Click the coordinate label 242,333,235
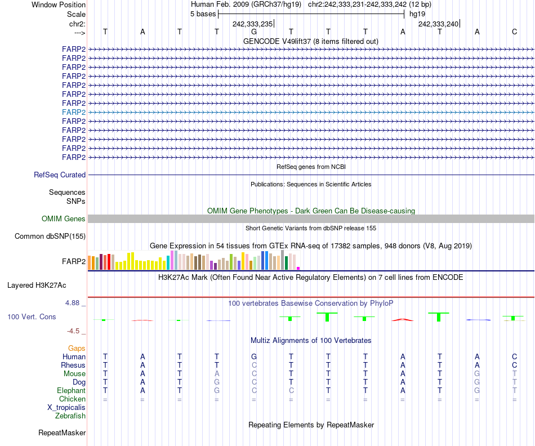click(x=252, y=24)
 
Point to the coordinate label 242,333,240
click(x=438, y=24)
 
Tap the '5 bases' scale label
click(x=203, y=14)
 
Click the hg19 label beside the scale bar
click(x=417, y=14)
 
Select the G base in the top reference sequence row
click(x=254, y=32)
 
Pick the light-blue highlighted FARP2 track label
click(x=74, y=112)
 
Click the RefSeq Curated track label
click(x=60, y=175)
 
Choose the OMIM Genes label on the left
click(x=64, y=218)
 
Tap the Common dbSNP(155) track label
click(x=50, y=237)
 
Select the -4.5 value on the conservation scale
click(x=75, y=331)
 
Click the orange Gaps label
click(x=77, y=349)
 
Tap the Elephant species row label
click(x=71, y=390)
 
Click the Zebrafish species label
click(x=70, y=416)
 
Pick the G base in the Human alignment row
click(x=254, y=356)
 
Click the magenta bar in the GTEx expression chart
click(x=298, y=268)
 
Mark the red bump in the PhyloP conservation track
click(x=403, y=319)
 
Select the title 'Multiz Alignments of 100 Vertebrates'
click(x=310, y=341)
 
